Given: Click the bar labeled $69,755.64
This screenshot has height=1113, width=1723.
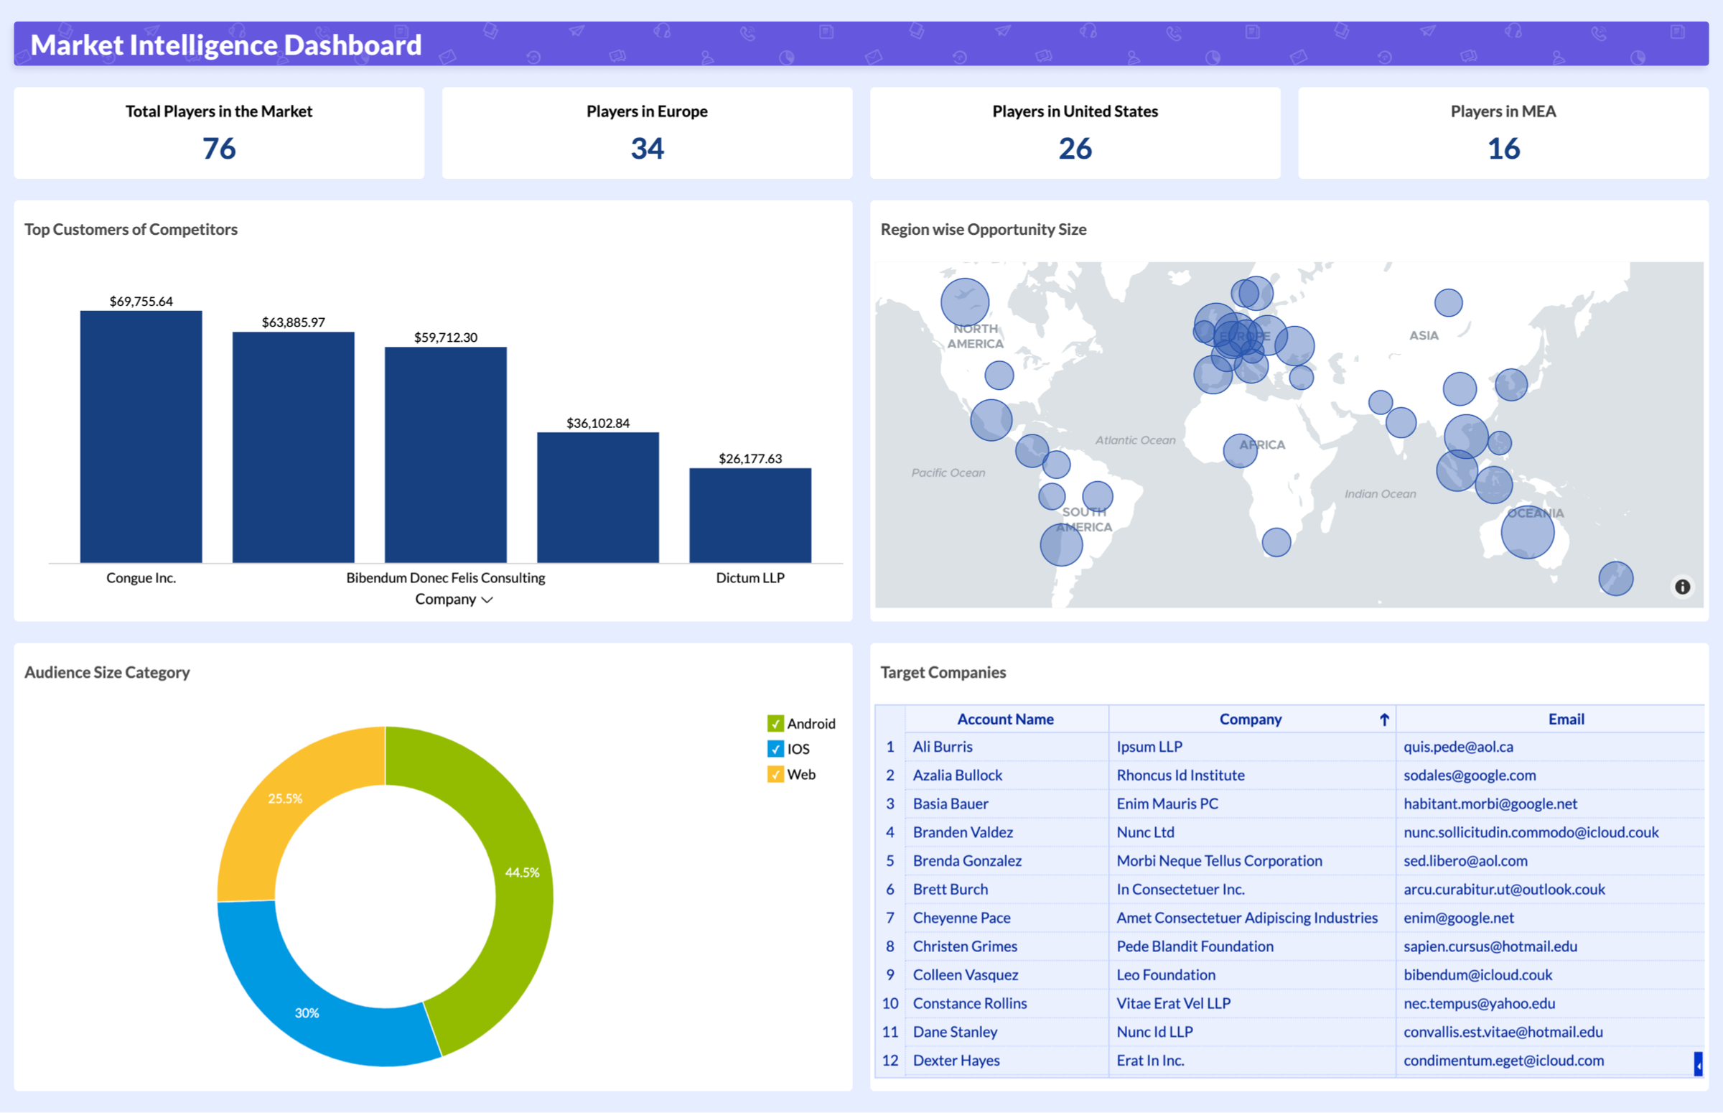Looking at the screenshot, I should (141, 437).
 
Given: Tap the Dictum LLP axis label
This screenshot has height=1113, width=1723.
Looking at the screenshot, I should (750, 577).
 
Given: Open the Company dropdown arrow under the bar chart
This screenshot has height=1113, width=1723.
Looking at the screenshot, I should (487, 600).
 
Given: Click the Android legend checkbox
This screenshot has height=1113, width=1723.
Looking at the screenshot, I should (775, 724).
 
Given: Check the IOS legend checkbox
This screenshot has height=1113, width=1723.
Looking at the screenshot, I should (775, 749).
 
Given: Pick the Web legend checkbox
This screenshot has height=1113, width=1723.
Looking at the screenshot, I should (775, 774).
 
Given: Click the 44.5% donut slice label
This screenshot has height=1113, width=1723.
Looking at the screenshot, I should (522, 872).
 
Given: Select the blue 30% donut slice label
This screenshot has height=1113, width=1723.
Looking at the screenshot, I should (307, 1012).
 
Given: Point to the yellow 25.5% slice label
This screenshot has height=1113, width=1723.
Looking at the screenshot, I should (284, 798).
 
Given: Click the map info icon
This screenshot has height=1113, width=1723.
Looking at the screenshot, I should (1683, 587).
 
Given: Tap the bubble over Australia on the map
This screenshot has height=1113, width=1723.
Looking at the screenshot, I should (1527, 533).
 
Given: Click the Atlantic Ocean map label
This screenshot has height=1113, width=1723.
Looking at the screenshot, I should (1135, 440).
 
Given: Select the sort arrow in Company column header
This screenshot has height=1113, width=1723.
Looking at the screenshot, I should (1384, 719).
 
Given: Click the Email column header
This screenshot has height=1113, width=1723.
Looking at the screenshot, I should (1566, 719).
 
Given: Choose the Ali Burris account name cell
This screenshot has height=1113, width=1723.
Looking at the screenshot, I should (943, 747).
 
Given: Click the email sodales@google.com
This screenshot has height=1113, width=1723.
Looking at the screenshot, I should (1470, 775).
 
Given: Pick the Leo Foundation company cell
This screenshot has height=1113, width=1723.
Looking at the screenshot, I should (1166, 974).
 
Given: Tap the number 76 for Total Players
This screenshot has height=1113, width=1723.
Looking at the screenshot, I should (219, 148).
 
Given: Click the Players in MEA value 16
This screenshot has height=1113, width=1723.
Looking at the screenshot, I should (1503, 148).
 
